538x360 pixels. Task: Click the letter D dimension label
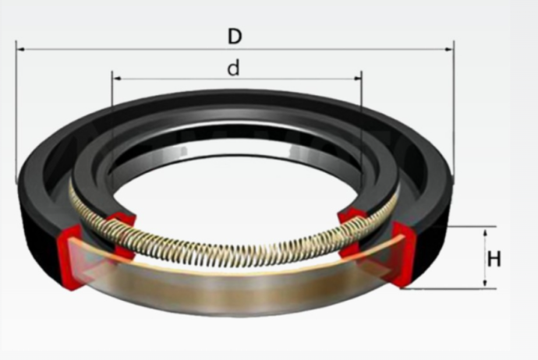pyautogui.click(x=235, y=37)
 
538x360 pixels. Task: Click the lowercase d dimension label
pyautogui.click(x=234, y=68)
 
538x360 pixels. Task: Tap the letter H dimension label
pyautogui.click(x=494, y=259)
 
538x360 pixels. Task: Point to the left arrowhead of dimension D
pyautogui.click(x=20, y=49)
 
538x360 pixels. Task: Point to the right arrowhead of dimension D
pyautogui.click(x=449, y=49)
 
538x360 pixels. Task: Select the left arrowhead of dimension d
pyautogui.click(x=117, y=79)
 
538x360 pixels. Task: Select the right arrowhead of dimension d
pyautogui.click(x=358, y=79)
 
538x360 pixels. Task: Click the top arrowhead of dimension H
pyautogui.click(x=485, y=233)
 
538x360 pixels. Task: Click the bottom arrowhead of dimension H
pyautogui.click(x=485, y=282)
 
